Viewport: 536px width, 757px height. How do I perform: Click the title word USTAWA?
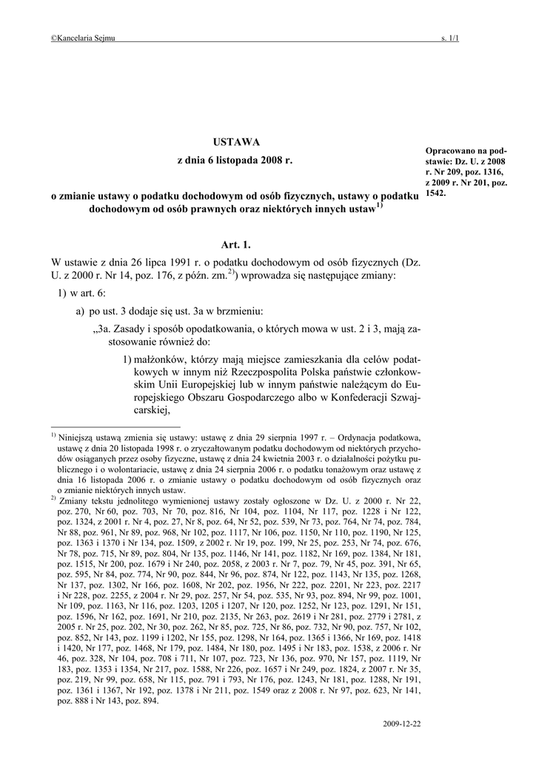pos(235,141)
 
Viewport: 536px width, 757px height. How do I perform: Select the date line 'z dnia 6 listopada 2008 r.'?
pos(235,160)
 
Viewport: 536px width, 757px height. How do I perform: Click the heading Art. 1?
pos(235,244)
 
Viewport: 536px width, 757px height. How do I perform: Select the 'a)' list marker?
pos(79,312)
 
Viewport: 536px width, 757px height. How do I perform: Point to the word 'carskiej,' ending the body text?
pos(153,413)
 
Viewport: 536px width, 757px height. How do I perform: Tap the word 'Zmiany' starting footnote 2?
pos(75,500)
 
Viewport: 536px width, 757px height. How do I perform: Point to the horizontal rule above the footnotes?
pos(115,427)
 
